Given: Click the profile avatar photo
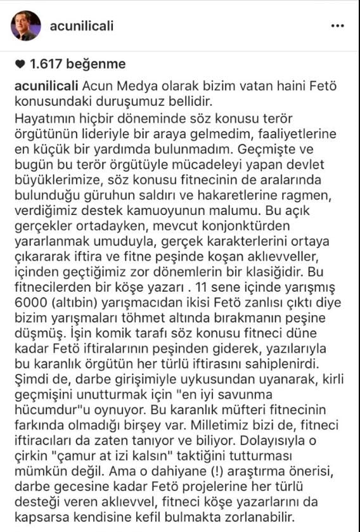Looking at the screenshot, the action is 26,26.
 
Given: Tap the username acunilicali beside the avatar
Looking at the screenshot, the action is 86,26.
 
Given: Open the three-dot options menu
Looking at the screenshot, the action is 338,26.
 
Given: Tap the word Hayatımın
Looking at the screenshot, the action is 44,118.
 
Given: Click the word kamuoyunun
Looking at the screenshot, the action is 172,211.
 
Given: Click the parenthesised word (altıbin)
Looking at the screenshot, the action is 72,305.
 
